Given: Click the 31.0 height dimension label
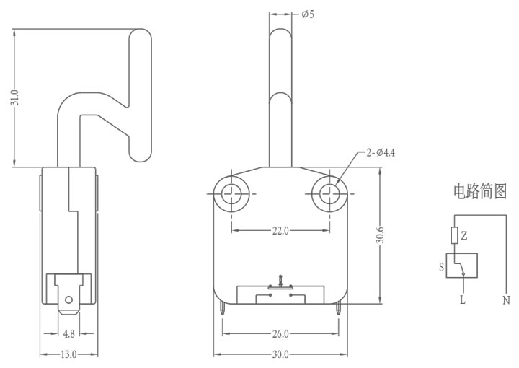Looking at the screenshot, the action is (14, 97).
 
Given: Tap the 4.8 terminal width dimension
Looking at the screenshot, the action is (69, 333).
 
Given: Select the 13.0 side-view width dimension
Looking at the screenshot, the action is (69, 355).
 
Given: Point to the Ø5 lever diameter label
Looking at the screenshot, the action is (308, 14).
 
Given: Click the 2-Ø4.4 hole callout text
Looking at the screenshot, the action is (381, 153).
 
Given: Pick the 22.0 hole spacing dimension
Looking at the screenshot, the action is (280, 230).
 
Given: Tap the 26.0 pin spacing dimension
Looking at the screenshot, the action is (280, 333).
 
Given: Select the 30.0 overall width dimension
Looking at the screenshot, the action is (280, 355).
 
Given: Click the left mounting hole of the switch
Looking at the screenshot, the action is (231, 193).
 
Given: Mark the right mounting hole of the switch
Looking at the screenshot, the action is (329, 193).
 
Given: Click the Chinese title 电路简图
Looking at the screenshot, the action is (480, 191).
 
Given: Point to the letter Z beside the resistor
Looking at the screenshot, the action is (464, 235).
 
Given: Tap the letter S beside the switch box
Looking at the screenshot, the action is (441, 267).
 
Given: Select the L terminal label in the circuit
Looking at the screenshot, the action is (463, 299).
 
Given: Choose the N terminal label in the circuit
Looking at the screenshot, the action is (506, 300).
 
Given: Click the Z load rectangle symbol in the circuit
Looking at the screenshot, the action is (454, 235).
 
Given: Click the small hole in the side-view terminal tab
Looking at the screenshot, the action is (68, 300).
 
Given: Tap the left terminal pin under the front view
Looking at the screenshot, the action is (223, 309).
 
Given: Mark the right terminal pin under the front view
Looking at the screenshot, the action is (338, 309).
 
